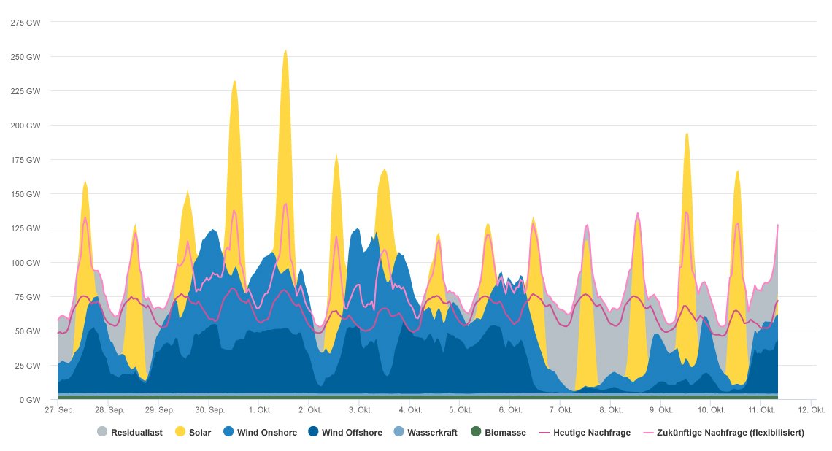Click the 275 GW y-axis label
point(26,23)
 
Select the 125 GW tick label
point(26,228)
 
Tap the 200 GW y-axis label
point(26,126)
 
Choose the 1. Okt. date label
point(261,409)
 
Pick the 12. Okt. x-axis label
point(811,409)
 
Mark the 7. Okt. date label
point(560,409)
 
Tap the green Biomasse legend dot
point(476,433)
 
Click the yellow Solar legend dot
point(180,433)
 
